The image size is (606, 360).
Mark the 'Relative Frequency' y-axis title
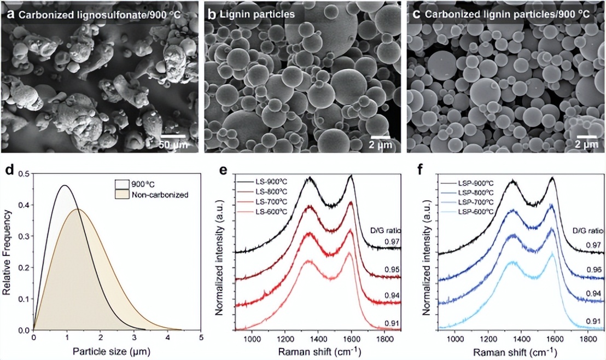coord(8,252)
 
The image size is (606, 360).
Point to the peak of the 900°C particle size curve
coord(65,185)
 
